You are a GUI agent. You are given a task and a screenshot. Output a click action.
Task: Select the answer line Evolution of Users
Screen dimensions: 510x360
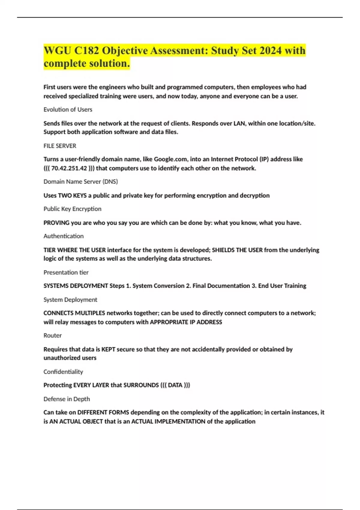coord(68,109)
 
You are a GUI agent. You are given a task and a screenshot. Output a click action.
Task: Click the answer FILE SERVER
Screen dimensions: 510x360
coord(60,146)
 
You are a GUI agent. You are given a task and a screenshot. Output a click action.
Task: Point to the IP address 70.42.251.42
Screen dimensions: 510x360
coord(69,168)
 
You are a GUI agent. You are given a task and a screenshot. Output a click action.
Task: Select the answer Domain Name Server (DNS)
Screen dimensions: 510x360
coord(81,181)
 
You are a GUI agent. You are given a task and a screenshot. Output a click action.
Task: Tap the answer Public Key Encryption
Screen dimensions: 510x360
coord(72,209)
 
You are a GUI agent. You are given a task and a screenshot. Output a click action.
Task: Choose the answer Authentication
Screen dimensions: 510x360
coord(64,236)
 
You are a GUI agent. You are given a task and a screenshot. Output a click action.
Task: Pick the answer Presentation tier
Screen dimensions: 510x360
coord(66,272)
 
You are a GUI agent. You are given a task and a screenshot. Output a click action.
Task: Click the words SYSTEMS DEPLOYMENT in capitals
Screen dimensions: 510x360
coord(76,286)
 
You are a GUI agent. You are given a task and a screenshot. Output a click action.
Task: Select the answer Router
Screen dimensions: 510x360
coord(52,335)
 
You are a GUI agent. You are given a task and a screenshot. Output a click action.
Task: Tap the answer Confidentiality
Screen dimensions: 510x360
coord(63,372)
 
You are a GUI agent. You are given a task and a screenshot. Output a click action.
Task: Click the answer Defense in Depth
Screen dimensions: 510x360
coord(67,399)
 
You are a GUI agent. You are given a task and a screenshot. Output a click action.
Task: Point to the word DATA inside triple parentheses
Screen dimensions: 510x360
coord(175,385)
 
